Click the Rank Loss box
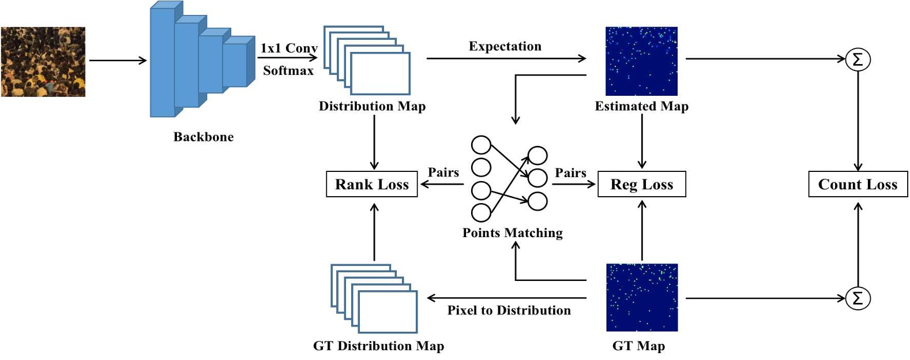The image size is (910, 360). pos(371,184)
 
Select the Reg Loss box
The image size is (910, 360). pos(641,184)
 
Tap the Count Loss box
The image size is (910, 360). pos(858,184)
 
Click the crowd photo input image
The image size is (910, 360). pos(43,61)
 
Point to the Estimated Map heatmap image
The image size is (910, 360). pos(641,61)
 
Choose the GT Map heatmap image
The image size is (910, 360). pos(641,297)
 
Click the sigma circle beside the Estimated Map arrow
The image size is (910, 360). pos(858,59)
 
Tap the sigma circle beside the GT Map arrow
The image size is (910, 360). pos(858,298)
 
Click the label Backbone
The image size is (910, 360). pos(204,137)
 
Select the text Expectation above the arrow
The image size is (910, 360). pos(505,46)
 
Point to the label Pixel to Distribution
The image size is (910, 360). pos(509,310)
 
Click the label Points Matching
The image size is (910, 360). pos(512,232)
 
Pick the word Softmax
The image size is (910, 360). pos(288,70)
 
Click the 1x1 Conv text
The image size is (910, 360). pos(288,48)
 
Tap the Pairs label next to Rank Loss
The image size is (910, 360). pos(443,172)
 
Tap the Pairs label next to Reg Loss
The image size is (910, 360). pos(570,172)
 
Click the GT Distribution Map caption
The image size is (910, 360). pos(378,346)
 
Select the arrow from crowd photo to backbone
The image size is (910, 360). pos(118,60)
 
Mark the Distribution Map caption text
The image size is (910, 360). pos(372,106)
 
